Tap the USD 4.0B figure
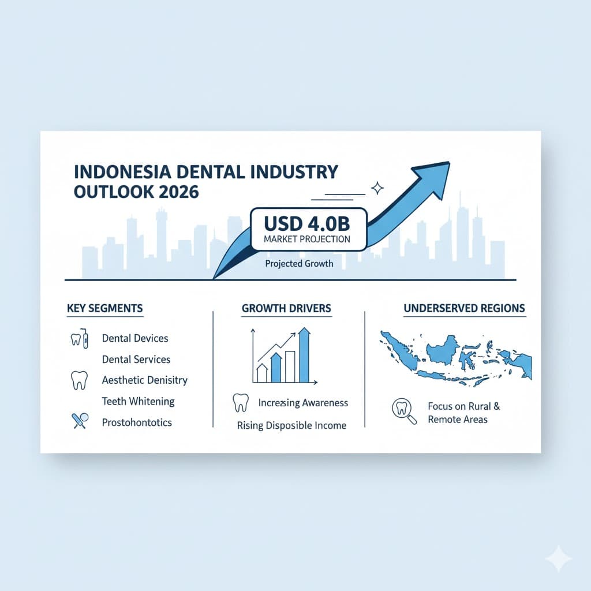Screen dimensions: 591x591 308,222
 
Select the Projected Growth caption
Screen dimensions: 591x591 300,264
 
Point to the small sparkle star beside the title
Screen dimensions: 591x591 378,187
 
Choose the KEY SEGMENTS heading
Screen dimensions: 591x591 104,308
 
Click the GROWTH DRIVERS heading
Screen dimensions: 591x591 286,308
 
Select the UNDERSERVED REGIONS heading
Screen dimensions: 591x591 464,308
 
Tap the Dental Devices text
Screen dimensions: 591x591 135,338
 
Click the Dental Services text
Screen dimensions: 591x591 136,359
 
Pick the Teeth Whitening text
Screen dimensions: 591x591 138,401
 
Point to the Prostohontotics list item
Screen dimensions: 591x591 137,422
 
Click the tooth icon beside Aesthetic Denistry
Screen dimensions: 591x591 77,380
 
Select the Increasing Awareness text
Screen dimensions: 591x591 303,402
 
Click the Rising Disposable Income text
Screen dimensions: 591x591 291,426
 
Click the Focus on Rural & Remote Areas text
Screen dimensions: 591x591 463,413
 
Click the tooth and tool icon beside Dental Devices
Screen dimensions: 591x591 79,338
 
